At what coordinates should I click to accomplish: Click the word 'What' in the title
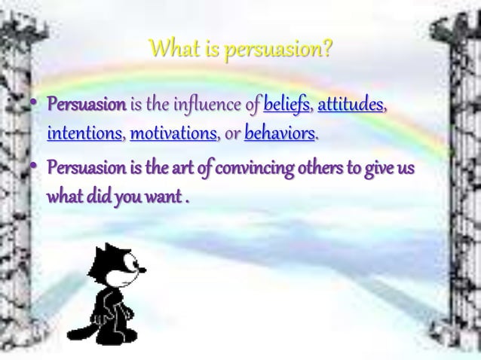173,51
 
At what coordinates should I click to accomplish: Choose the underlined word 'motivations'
173,136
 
